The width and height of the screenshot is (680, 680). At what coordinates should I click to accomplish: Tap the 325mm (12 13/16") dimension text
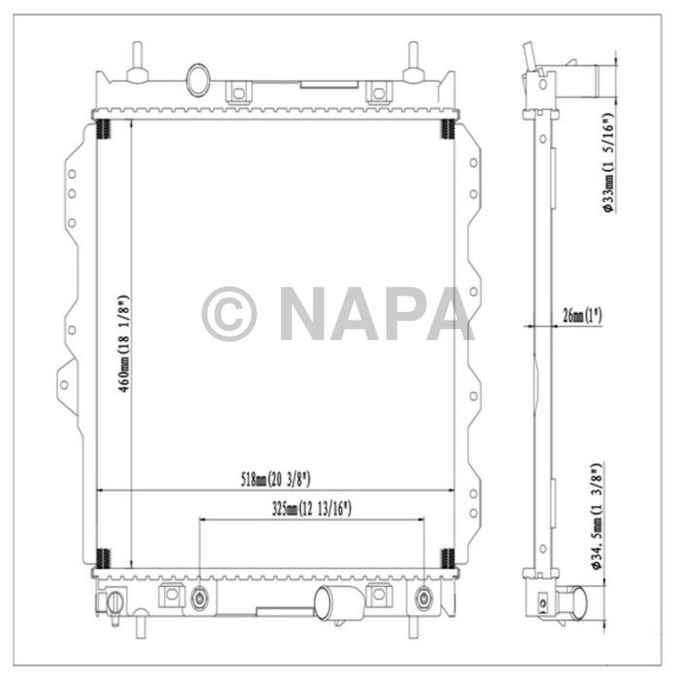click(x=311, y=508)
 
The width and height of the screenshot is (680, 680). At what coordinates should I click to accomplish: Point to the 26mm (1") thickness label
click(x=582, y=315)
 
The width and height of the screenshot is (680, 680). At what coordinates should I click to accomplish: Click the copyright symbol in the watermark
click(x=229, y=314)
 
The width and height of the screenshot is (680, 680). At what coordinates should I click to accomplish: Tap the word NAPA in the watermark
click(x=375, y=314)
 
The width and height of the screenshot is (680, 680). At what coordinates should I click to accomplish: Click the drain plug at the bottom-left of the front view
click(x=115, y=602)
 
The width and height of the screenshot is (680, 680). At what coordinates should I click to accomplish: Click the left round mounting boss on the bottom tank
click(x=201, y=597)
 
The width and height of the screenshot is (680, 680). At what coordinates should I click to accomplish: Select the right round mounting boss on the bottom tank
click(x=422, y=597)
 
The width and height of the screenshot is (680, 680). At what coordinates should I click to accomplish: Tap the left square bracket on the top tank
click(x=236, y=93)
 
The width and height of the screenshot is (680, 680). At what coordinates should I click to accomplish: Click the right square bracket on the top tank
click(x=378, y=93)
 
